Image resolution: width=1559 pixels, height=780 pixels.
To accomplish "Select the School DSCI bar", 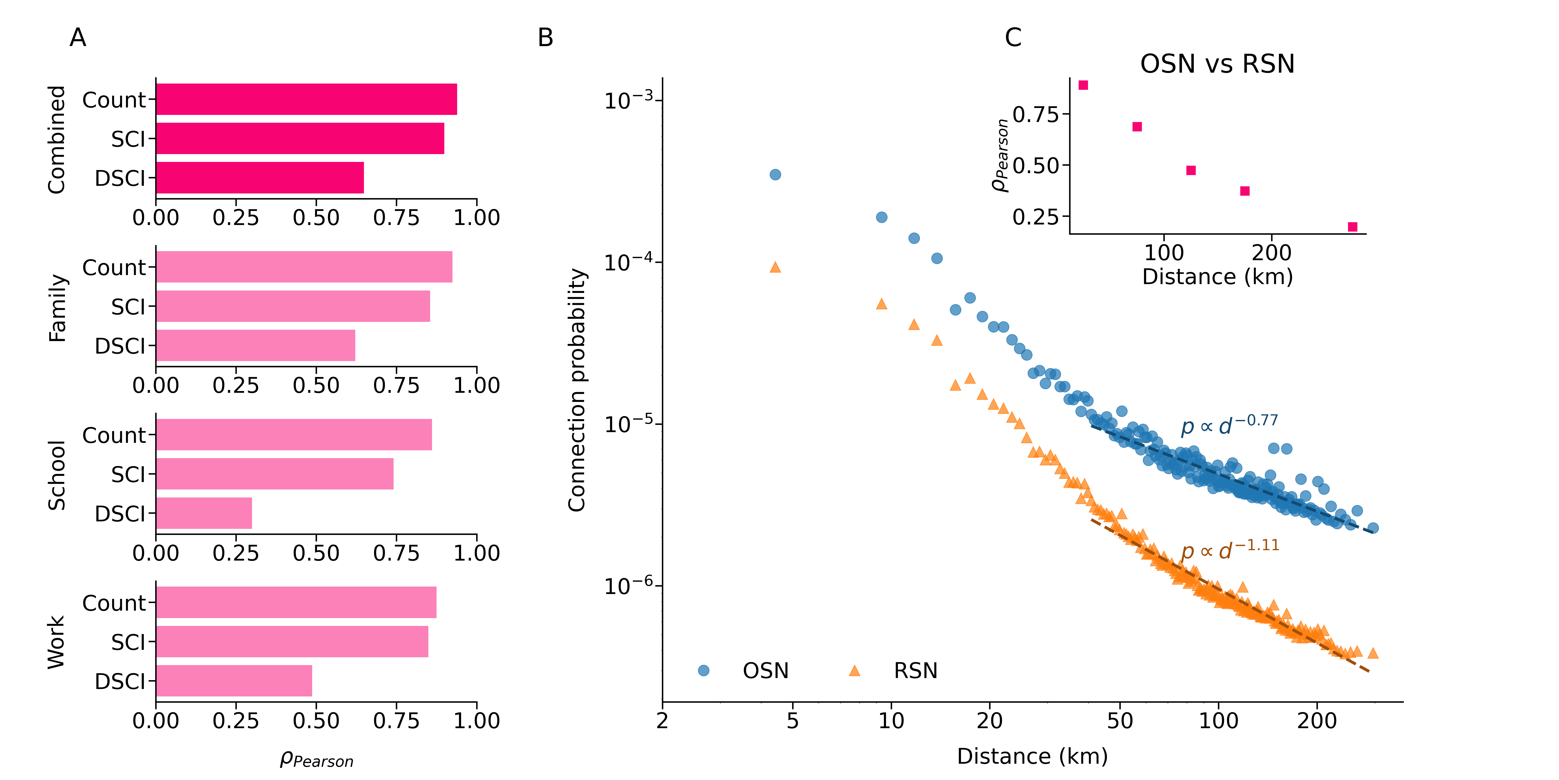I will (x=204, y=513).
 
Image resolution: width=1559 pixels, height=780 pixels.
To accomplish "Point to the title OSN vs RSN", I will (x=1217, y=64).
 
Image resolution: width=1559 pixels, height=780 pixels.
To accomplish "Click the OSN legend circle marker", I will (x=703, y=670).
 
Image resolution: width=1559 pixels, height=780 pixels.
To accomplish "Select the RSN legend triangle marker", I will (x=855, y=670).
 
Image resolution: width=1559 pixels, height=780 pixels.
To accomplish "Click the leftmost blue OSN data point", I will (x=775, y=174).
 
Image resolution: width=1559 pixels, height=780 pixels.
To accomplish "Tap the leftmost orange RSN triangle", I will (x=775, y=267).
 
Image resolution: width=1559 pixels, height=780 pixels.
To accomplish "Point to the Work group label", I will (x=56, y=642).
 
